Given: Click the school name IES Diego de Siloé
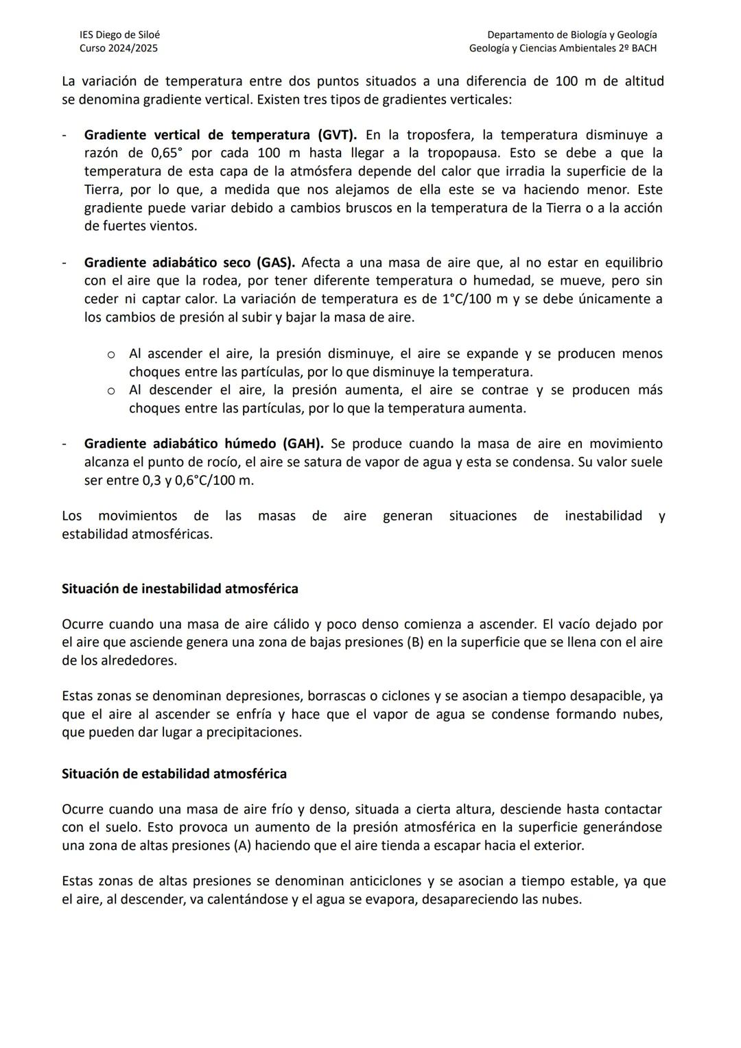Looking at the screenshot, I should pos(119,34).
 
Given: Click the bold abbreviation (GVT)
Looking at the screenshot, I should pos(337,135).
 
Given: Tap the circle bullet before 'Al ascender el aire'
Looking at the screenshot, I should pos(110,355).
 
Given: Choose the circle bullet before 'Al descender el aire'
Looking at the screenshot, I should pos(110,391).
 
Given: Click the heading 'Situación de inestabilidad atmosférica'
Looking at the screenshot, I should pos(180,588).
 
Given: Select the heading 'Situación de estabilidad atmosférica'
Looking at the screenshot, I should pos(174,774).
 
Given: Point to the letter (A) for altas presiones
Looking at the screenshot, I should pos(243,846).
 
